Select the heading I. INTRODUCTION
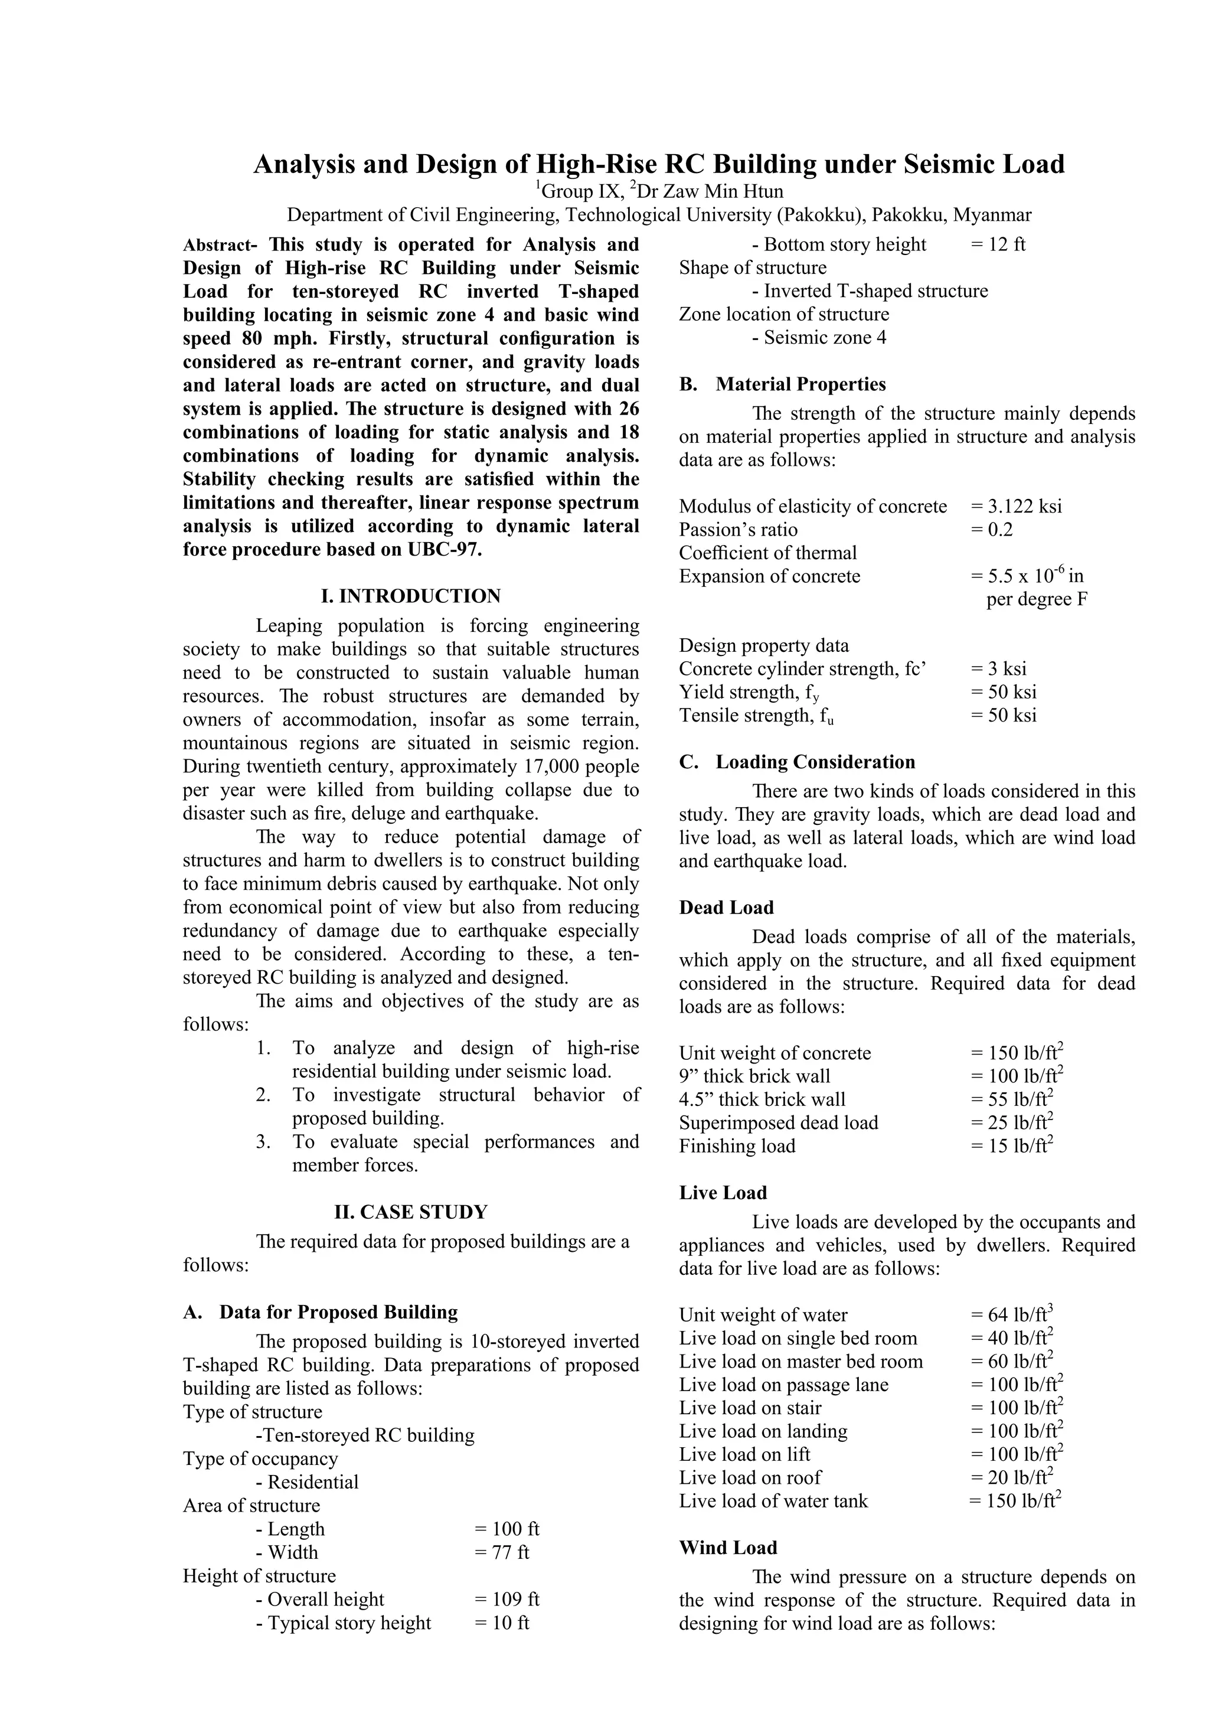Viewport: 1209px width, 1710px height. [410, 596]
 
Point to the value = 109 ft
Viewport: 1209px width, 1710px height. [507, 1600]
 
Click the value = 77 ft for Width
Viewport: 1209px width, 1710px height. [501, 1553]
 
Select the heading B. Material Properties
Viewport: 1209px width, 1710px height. [782, 384]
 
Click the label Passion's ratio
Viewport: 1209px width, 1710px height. [738, 530]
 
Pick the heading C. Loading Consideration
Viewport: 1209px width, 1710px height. [798, 762]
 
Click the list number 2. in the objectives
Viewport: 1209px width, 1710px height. [263, 1095]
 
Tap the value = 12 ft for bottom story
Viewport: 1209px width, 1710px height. [998, 245]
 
